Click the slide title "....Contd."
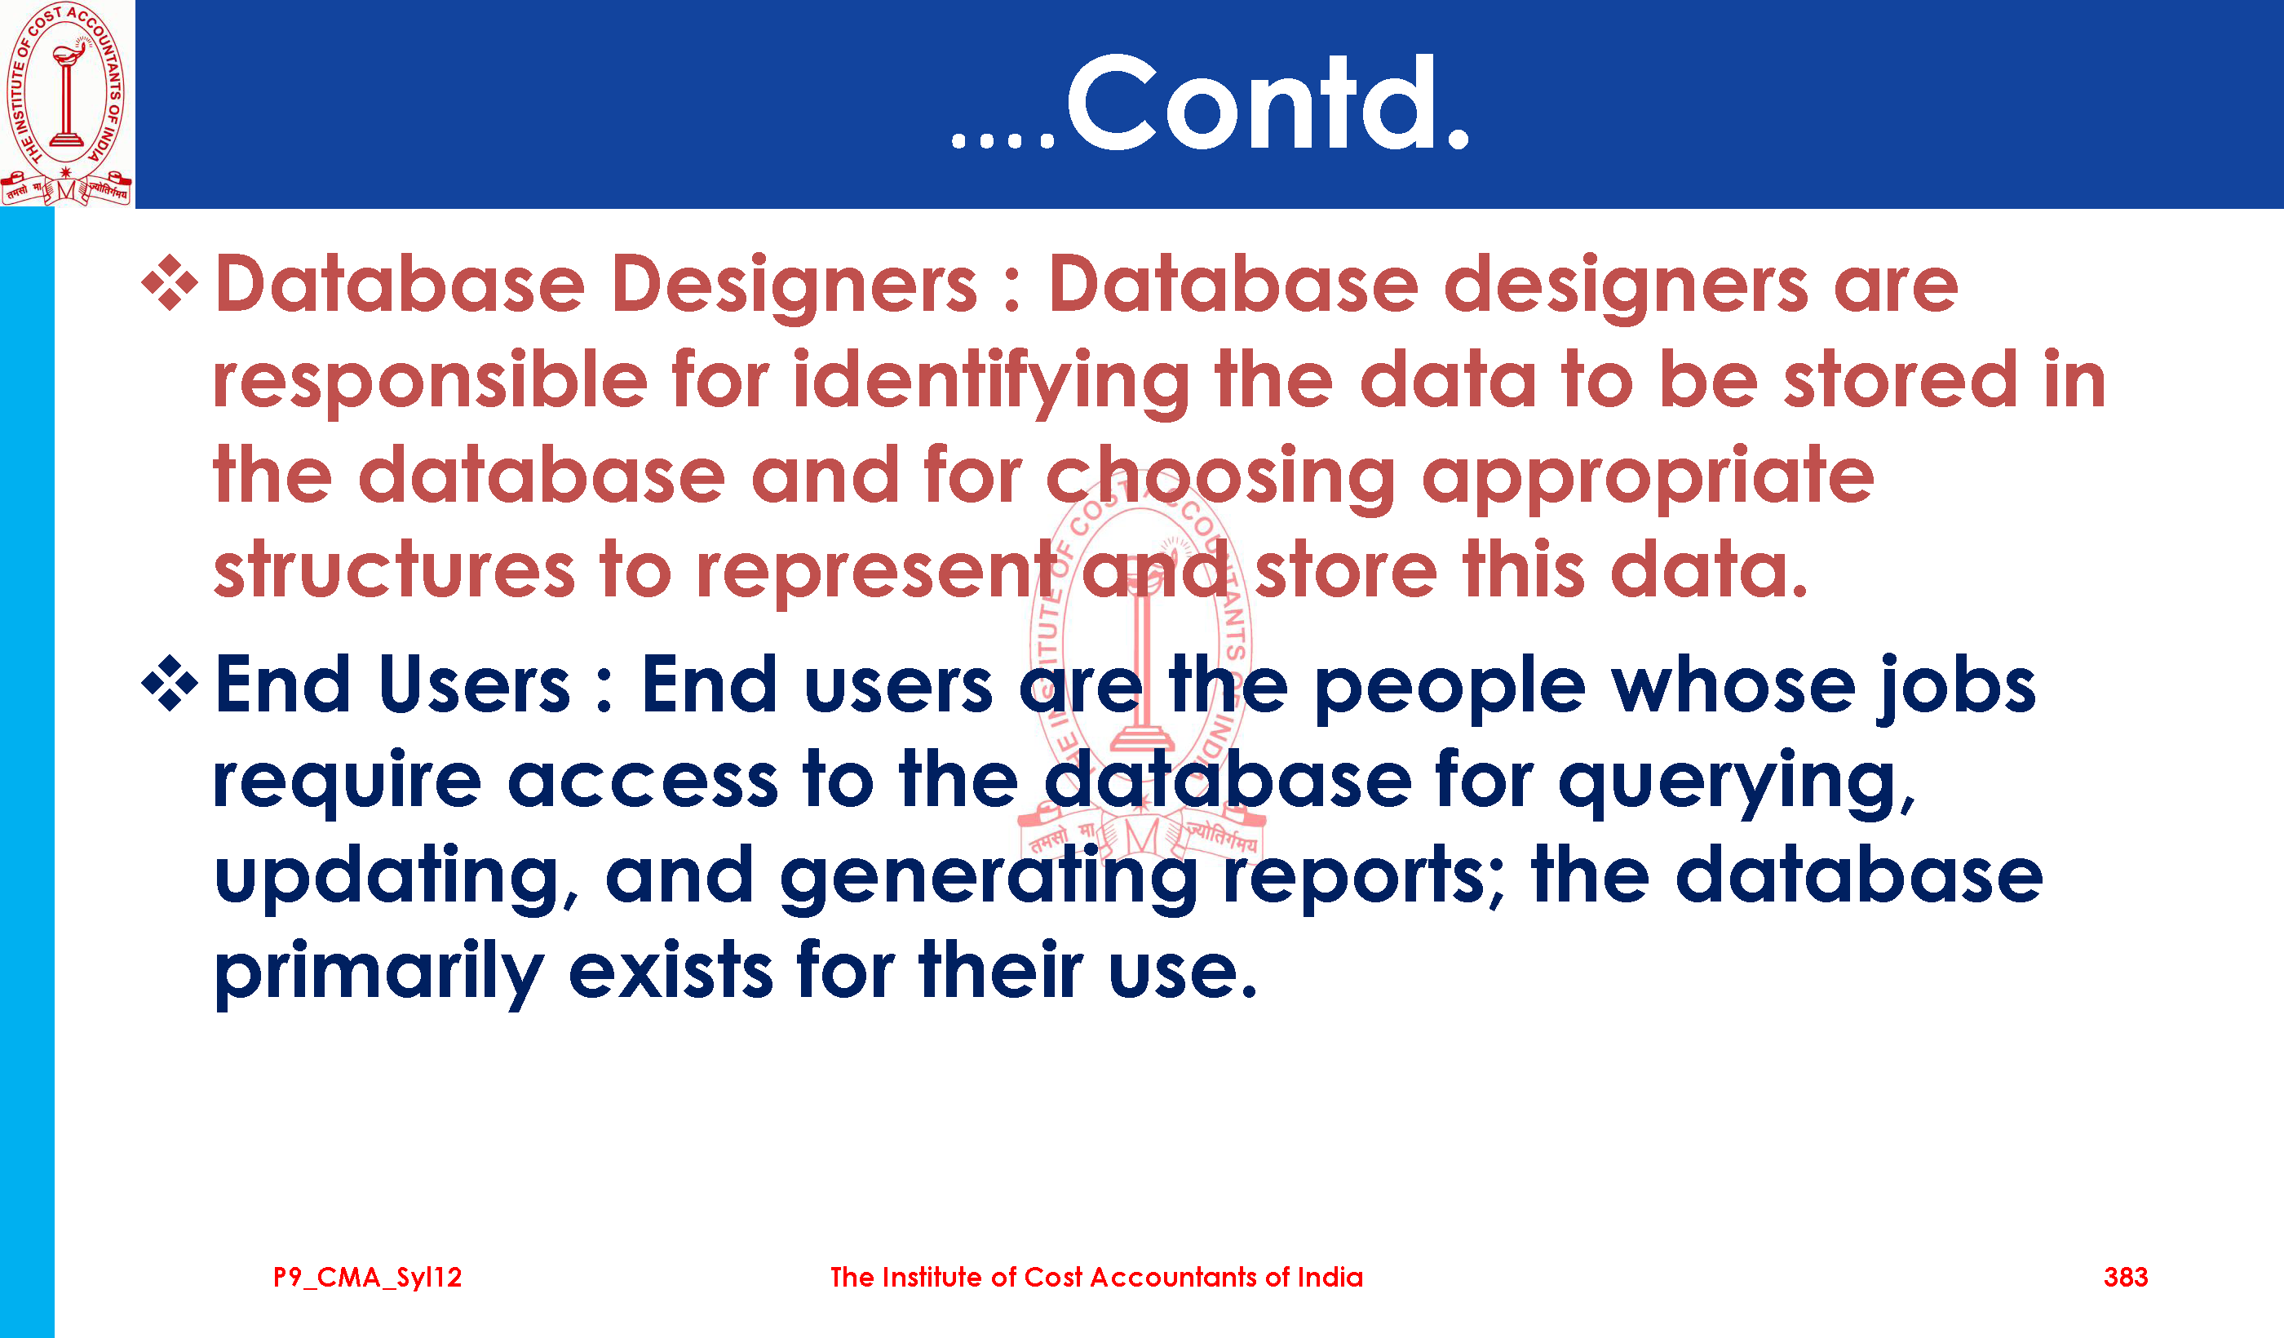[x=1210, y=104]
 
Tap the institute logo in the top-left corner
[x=66, y=104]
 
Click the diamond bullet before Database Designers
[x=170, y=283]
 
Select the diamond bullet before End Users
[x=170, y=683]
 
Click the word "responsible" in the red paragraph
[x=431, y=382]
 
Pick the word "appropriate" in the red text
[x=1648, y=479]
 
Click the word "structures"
[x=395, y=570]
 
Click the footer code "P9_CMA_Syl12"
[x=368, y=1278]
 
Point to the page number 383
[x=2126, y=1278]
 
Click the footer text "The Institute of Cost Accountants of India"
[x=1096, y=1278]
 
